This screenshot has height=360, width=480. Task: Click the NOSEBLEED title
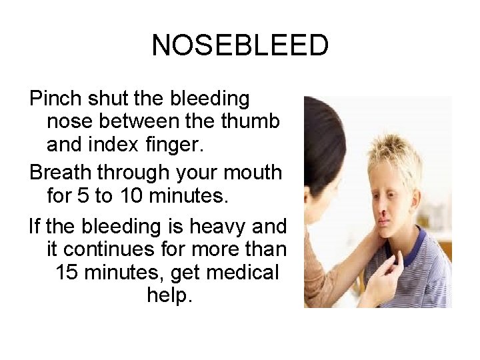tap(240, 46)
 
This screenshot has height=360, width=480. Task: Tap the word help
tap(169, 295)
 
